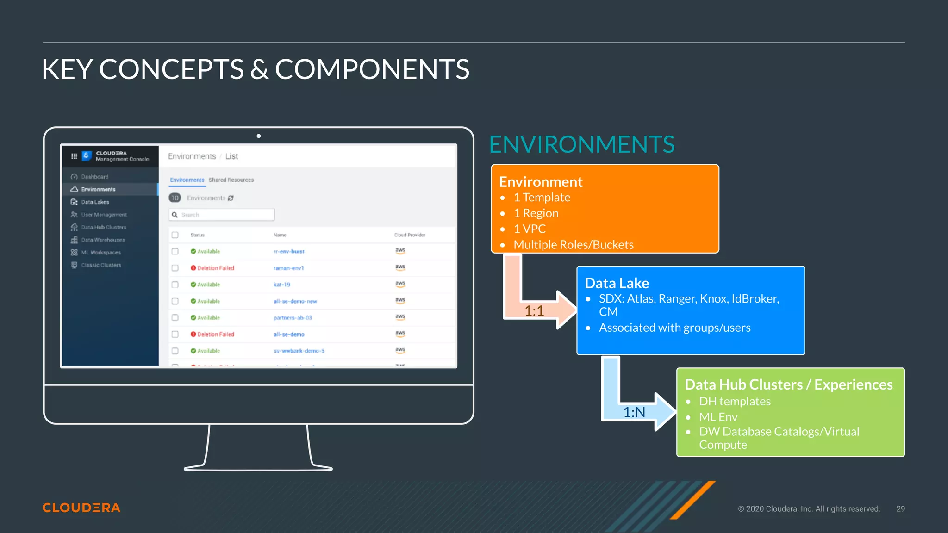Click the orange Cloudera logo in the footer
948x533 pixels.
[x=81, y=508]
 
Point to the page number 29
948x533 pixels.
[x=900, y=508]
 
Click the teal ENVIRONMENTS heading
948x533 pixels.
[x=581, y=144]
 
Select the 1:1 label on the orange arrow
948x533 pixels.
[x=534, y=311]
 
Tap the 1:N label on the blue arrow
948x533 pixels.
[x=634, y=412]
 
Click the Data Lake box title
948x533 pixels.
[x=617, y=283]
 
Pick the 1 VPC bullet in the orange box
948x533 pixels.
[x=530, y=229]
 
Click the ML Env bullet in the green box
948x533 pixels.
[x=718, y=417]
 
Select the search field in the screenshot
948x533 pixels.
[x=222, y=215]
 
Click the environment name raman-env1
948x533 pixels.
[x=288, y=268]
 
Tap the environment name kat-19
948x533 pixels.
[x=281, y=285]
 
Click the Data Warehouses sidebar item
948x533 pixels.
[x=103, y=240]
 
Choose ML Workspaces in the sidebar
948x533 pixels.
[x=101, y=252]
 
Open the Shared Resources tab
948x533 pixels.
[x=231, y=180]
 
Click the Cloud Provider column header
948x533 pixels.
[x=410, y=235]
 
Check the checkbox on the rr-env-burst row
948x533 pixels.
[x=175, y=251]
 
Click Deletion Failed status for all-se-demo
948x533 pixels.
[x=216, y=334]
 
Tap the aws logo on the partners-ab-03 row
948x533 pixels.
[x=400, y=317]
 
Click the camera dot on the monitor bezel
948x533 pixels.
[x=259, y=136]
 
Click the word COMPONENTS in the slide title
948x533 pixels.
[x=372, y=69]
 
